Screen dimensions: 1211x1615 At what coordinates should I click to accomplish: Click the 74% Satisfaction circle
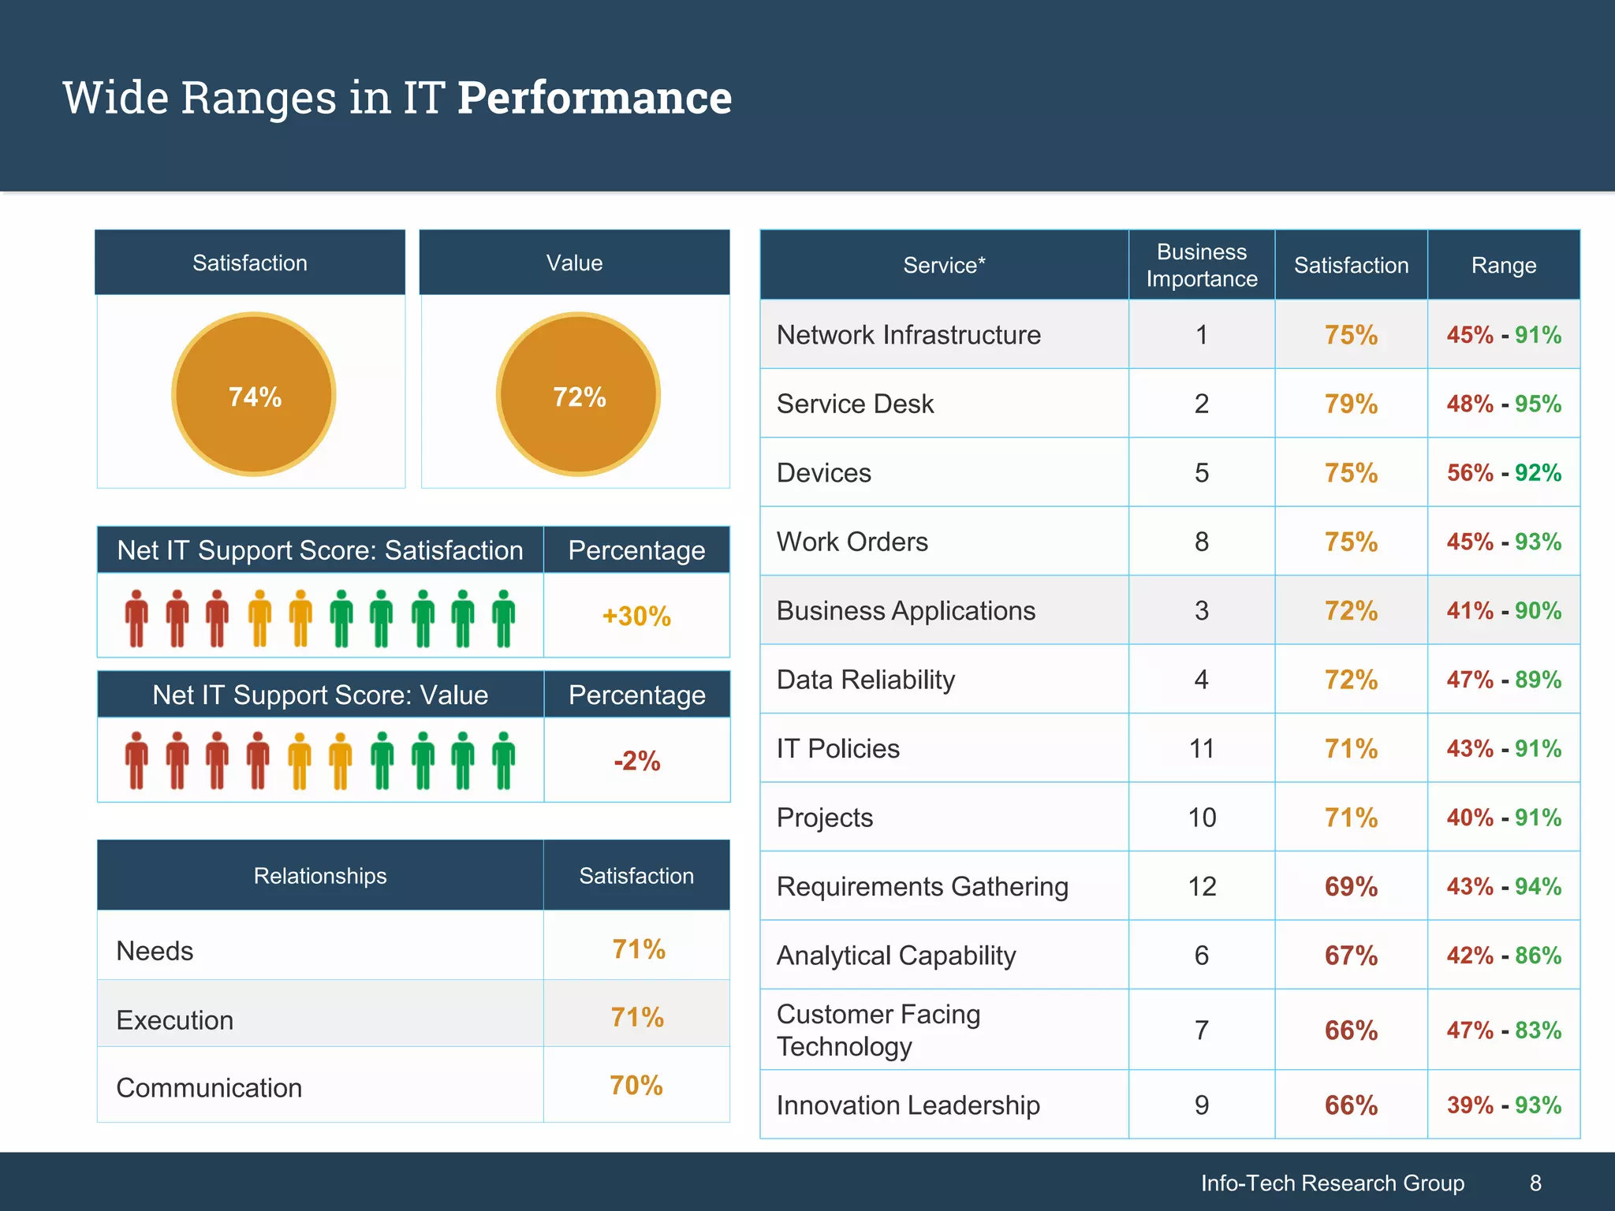(x=254, y=395)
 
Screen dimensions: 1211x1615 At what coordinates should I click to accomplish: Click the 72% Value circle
(x=579, y=395)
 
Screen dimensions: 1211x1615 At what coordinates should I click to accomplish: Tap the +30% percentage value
(x=636, y=616)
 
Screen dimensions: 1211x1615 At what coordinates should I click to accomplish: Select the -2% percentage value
(x=636, y=761)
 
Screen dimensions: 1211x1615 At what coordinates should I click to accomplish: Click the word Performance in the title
(x=595, y=98)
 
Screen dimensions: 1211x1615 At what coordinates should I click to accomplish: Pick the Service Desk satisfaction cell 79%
(x=1351, y=404)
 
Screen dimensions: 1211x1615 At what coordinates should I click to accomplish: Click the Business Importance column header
(x=1201, y=265)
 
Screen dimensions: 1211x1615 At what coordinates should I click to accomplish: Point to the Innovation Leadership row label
(x=908, y=1105)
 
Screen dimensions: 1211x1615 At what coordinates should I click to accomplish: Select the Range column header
(x=1503, y=265)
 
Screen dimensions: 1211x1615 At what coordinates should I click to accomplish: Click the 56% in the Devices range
(x=1470, y=473)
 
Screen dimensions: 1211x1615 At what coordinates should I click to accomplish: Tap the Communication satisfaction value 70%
(x=636, y=1086)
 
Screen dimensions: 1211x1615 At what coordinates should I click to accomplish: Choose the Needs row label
(x=155, y=951)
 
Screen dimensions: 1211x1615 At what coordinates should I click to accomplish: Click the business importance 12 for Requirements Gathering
(x=1202, y=886)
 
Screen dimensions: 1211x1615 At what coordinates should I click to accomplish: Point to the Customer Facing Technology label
(x=878, y=1030)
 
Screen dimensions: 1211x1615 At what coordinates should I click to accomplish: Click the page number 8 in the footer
(x=1535, y=1183)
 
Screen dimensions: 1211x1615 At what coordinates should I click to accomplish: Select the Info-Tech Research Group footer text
(x=1332, y=1183)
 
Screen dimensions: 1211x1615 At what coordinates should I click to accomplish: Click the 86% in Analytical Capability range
(x=1538, y=956)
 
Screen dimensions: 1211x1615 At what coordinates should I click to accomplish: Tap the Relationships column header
(x=320, y=876)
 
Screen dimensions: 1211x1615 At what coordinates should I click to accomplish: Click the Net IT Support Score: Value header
(x=320, y=695)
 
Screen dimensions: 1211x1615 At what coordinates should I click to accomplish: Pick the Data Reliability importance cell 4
(x=1201, y=680)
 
